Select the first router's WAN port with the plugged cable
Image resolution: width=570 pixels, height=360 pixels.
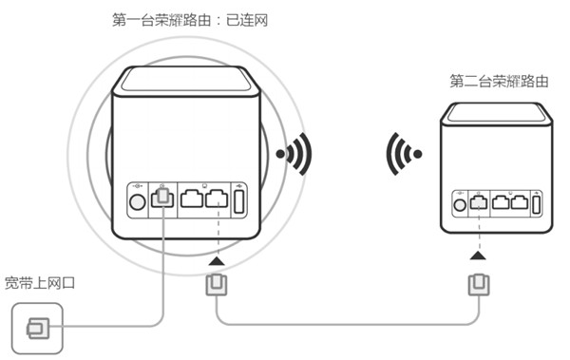[163, 199]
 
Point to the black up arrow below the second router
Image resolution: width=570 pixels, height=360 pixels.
[477, 256]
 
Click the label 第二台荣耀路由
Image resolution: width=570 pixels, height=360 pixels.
[500, 82]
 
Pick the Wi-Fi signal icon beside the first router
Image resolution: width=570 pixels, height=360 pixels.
[294, 153]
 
